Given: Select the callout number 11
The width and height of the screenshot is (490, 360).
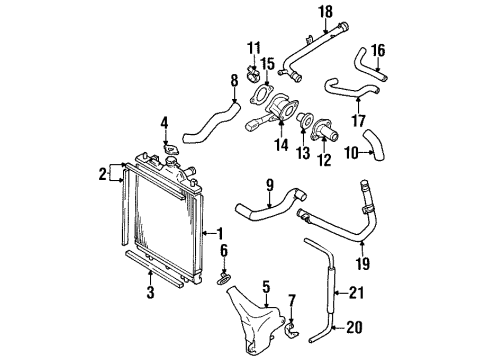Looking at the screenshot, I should click(253, 48).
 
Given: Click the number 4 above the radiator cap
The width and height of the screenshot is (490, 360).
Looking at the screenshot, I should click(165, 124).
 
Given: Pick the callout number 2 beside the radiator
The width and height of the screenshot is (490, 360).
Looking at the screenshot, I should click(103, 175).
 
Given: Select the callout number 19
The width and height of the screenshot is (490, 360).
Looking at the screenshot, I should click(364, 264).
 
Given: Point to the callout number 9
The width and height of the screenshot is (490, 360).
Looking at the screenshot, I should click(269, 183).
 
